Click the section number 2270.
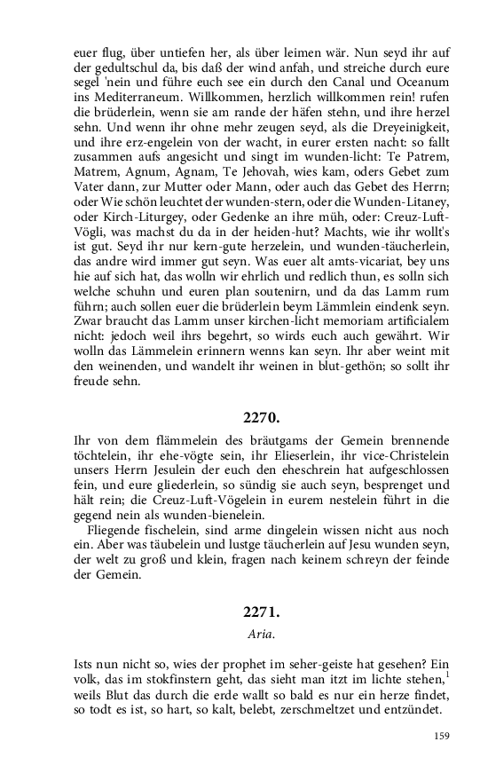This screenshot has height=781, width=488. [262, 416]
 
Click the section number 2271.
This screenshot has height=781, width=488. [262, 612]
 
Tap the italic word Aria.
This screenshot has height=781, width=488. [262, 635]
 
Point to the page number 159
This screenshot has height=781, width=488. [442, 736]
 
